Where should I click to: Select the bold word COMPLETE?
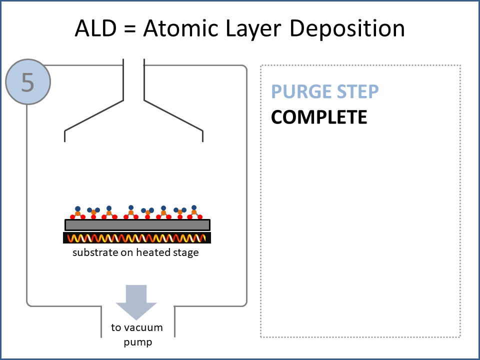click(319, 117)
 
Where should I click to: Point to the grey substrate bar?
click(137, 225)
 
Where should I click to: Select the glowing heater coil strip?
click(137, 238)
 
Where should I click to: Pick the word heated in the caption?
click(152, 252)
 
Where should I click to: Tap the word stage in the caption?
click(186, 252)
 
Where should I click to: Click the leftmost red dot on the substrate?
click(72, 217)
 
